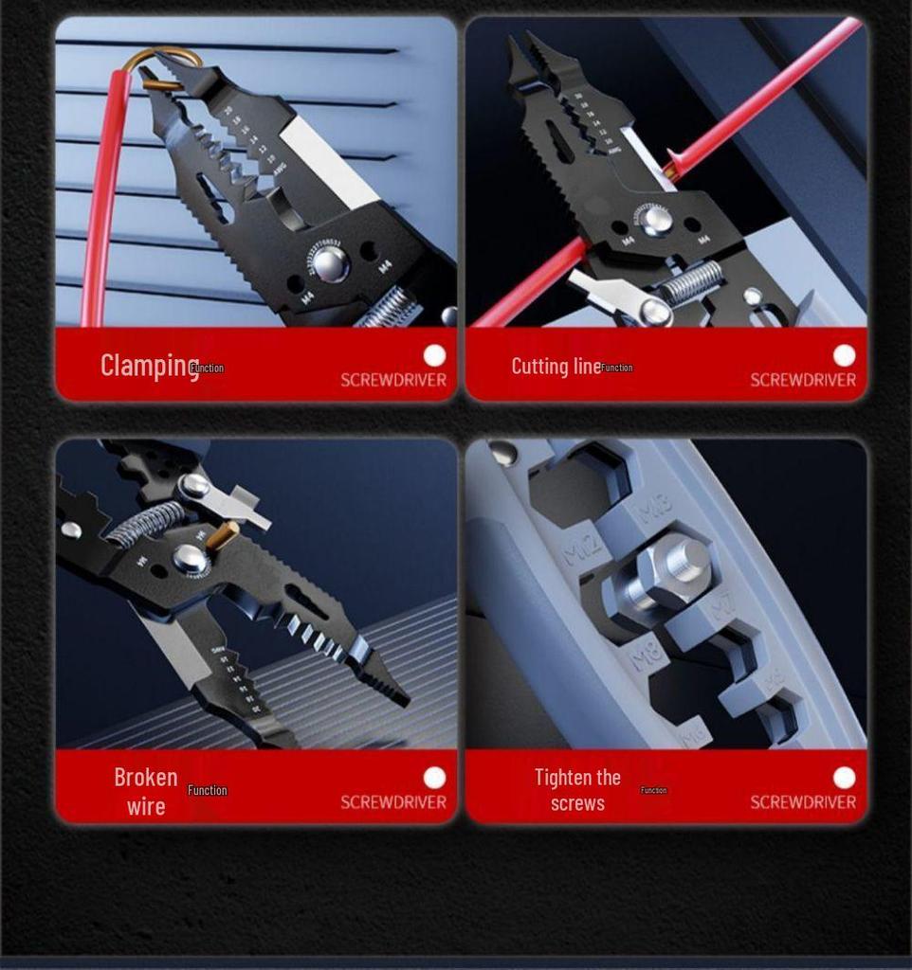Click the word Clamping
(x=149, y=365)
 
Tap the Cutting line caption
(x=556, y=366)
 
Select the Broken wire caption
(x=146, y=791)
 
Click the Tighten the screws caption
(x=577, y=790)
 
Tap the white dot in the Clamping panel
(x=434, y=355)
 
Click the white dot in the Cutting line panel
(x=844, y=355)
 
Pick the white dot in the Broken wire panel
(x=434, y=778)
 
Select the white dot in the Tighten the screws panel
(x=844, y=778)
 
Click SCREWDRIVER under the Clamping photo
(x=392, y=380)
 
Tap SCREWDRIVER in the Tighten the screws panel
(x=802, y=802)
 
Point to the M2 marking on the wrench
(x=582, y=548)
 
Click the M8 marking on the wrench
(x=647, y=653)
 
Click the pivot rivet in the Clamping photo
(x=329, y=264)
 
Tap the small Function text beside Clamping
(x=208, y=368)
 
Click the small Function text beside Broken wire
(x=207, y=790)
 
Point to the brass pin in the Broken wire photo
(x=223, y=535)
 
